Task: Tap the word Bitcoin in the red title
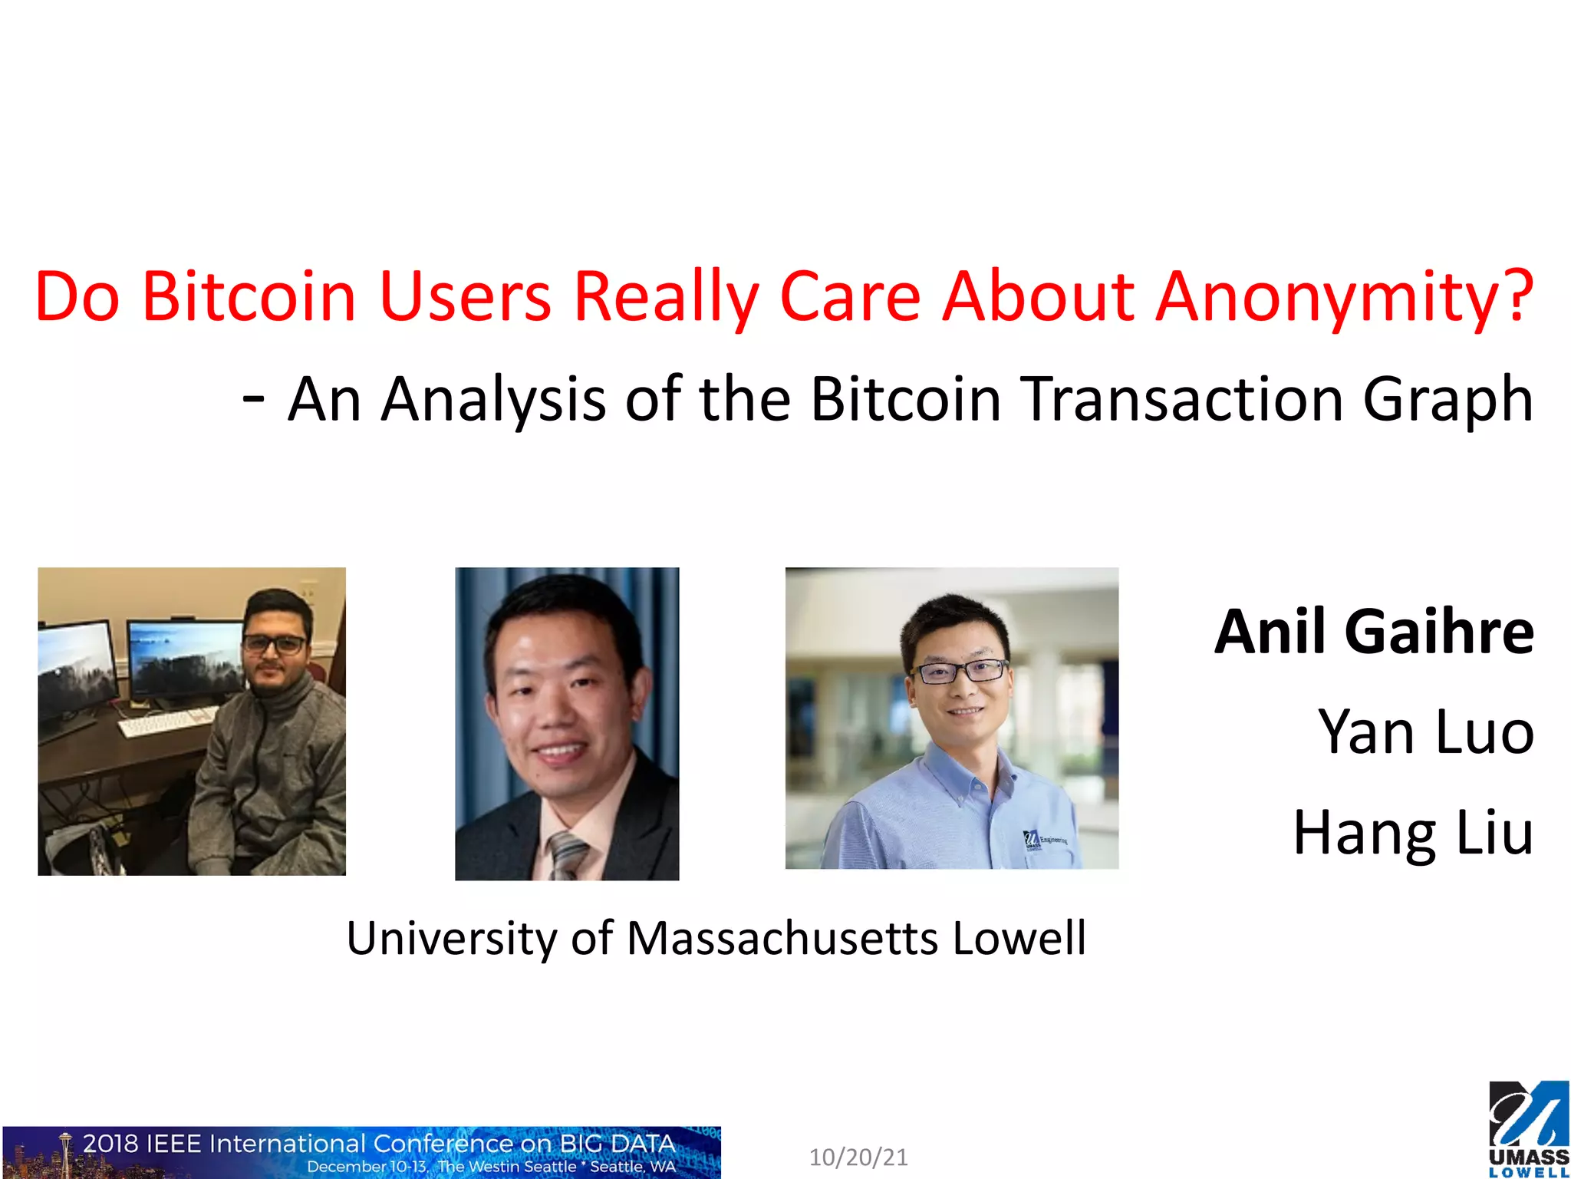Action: [249, 296]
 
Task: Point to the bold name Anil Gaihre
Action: [1373, 632]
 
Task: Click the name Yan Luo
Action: [1425, 732]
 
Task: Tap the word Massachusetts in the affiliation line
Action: [782, 938]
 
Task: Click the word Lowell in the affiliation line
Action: [1019, 938]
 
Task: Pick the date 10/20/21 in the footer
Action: [858, 1157]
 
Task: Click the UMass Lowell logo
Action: [1528, 1128]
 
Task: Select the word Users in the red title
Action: [465, 296]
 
